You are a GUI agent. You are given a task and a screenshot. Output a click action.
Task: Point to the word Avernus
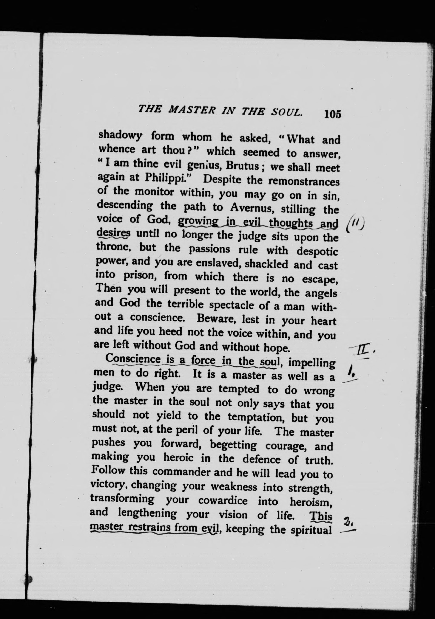click(251, 207)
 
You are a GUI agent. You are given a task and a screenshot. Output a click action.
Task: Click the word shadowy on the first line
click(120, 135)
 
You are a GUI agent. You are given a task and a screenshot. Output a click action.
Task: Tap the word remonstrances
click(302, 182)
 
